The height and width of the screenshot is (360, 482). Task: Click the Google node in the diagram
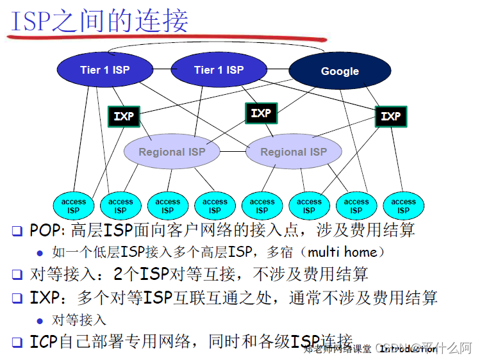pos(340,71)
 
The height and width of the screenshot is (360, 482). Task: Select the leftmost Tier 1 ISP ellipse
pos(104,69)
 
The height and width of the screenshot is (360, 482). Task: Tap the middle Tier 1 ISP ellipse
pos(219,69)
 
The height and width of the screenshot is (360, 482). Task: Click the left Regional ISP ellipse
pos(171,152)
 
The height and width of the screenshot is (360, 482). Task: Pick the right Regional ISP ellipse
pos(293,152)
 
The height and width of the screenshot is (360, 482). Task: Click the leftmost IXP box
pos(124,116)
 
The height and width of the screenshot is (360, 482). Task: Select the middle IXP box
pos(261,113)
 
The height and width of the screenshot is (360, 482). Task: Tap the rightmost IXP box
pos(390,116)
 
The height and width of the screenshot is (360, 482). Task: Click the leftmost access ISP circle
pos(74,206)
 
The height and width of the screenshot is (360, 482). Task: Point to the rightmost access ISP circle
pos(403,206)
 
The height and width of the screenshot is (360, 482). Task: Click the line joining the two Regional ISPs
pos(233,152)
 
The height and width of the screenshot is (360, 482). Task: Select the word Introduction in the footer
pos(408,349)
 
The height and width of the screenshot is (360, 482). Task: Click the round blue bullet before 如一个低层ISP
pos(40,252)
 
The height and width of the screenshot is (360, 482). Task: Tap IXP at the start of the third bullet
pos(44,297)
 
